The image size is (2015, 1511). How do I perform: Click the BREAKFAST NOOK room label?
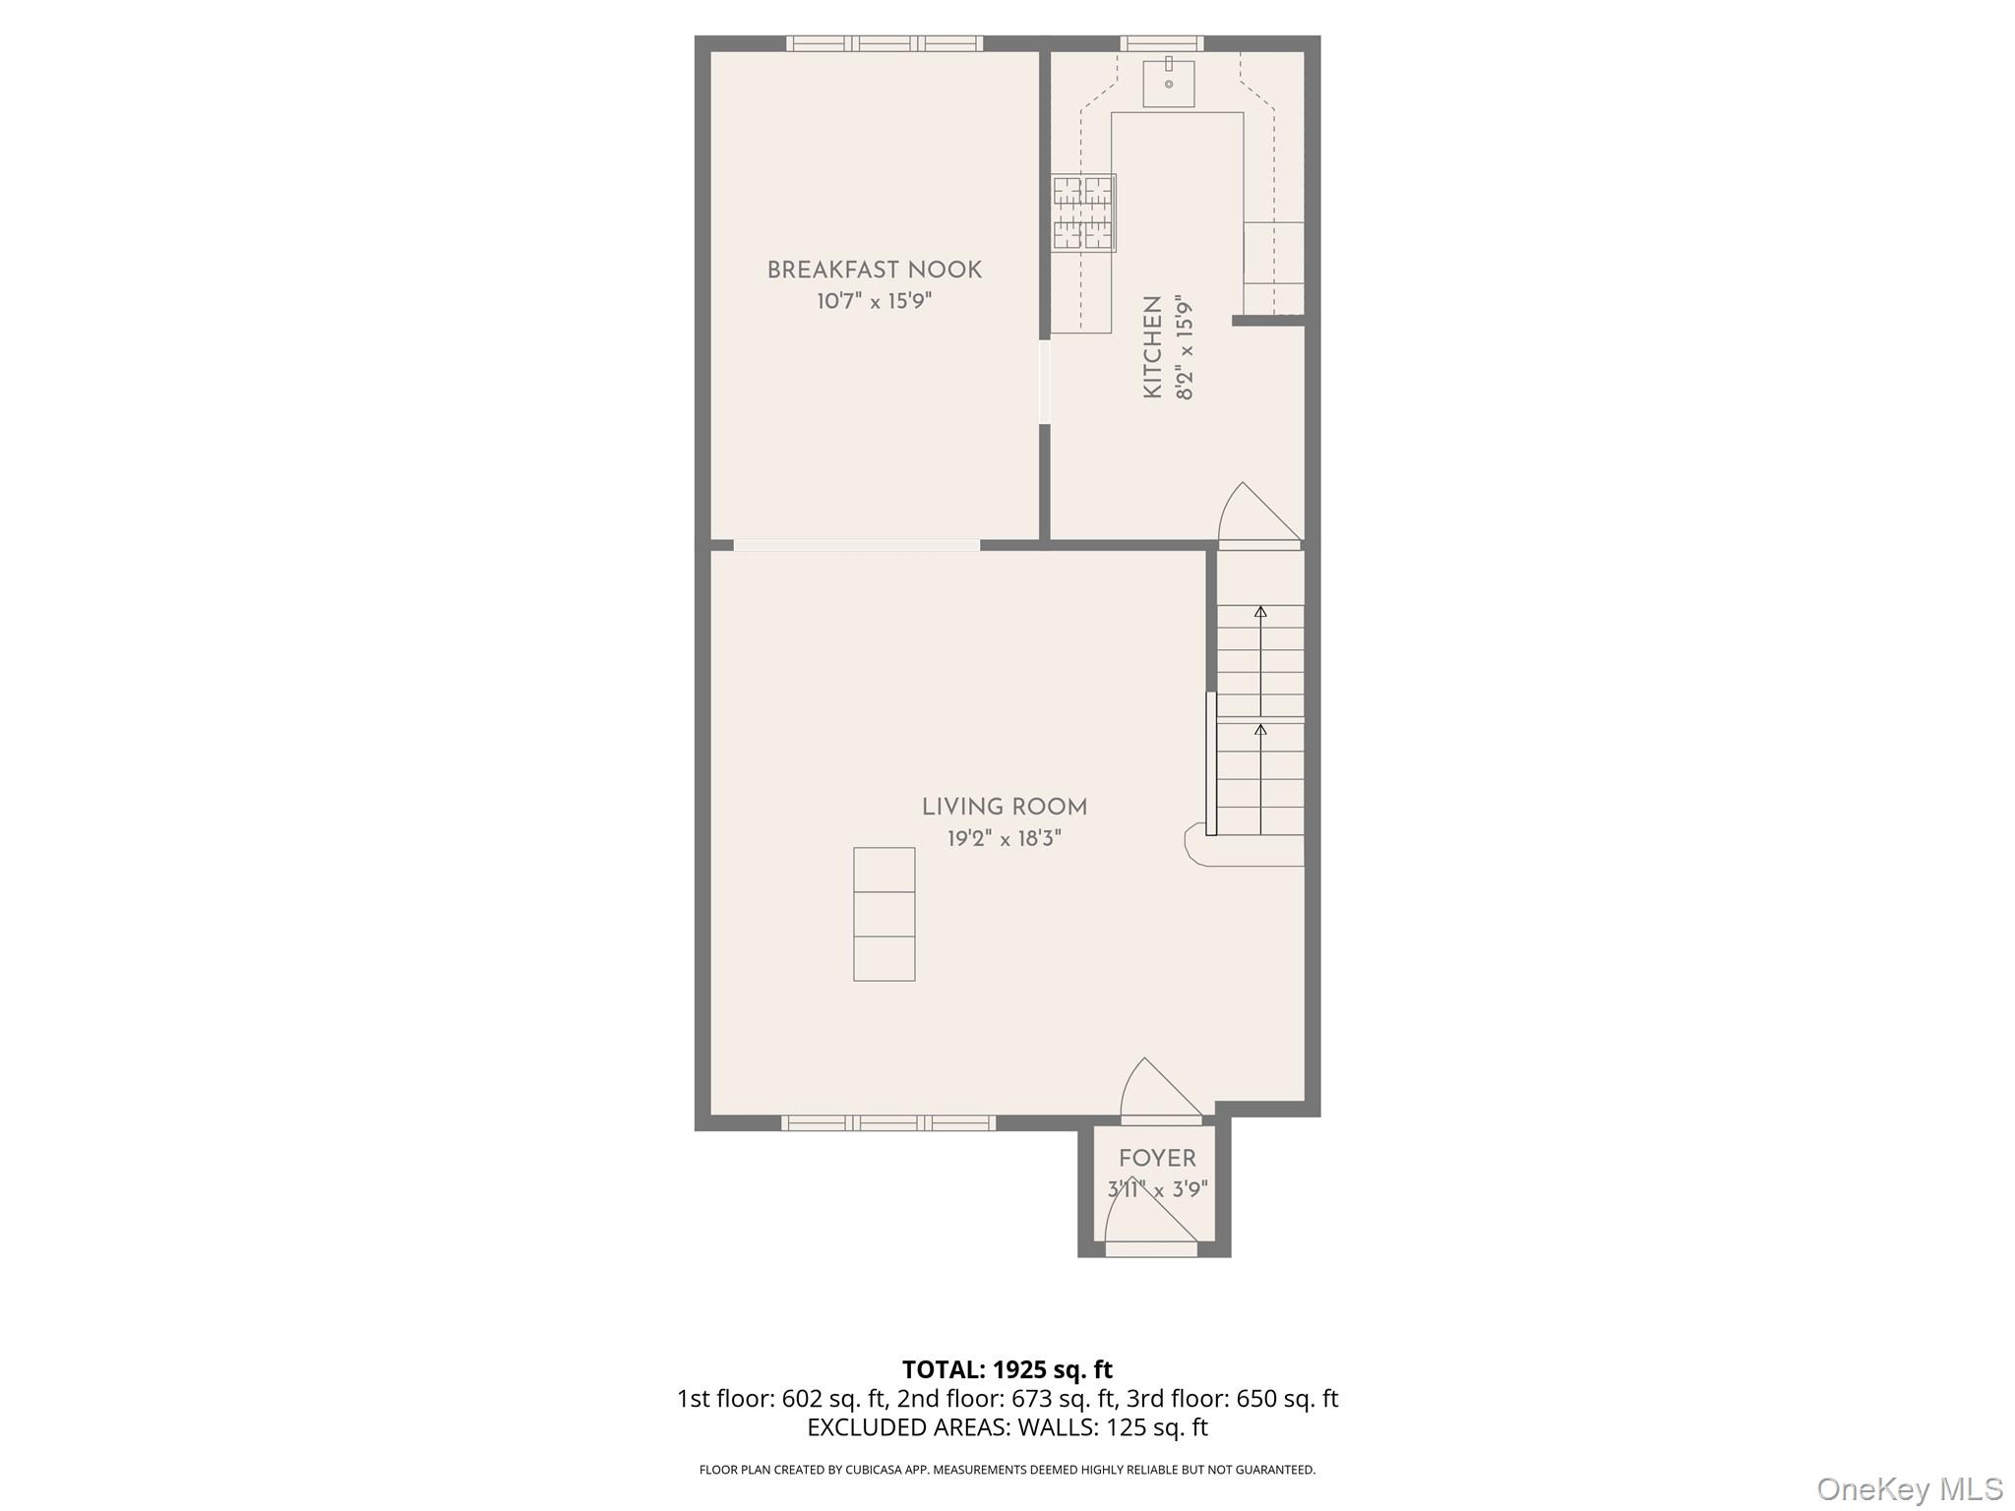tap(874, 270)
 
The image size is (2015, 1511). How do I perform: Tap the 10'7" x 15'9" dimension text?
tap(874, 301)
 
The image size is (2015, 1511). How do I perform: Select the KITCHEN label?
tap(1152, 347)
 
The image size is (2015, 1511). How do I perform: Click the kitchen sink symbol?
tap(1169, 84)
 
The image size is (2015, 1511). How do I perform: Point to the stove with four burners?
tap(1083, 212)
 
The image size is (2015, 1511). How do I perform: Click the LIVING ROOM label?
tap(1004, 808)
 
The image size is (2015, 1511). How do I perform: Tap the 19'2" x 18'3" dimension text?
tap(1004, 839)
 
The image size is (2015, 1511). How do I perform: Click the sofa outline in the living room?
tap(884, 914)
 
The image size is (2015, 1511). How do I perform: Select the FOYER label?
tap(1157, 1159)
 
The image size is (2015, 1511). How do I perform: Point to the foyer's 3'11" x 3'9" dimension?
tap(1157, 1190)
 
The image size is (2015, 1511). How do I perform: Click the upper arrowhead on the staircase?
tap(1260, 612)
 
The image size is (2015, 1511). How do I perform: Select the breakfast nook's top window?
tap(884, 43)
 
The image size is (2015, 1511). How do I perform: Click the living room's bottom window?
tap(887, 1122)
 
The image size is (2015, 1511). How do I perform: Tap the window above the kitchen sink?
tap(1162, 43)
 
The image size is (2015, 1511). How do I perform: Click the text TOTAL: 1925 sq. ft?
tap(1007, 1369)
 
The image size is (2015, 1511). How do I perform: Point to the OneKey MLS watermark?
tap(1909, 1488)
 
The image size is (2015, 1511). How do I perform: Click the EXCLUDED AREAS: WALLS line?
tap(1007, 1427)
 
